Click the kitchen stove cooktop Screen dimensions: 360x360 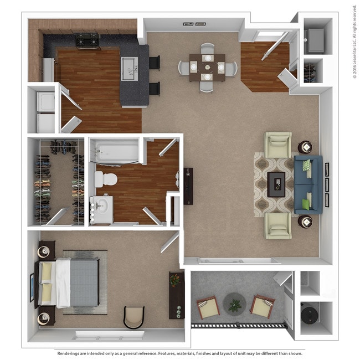[88, 39]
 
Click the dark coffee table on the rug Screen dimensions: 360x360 [276, 184]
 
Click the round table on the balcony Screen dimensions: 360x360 [234, 303]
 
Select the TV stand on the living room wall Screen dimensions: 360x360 [189, 184]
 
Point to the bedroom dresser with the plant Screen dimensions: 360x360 [176, 294]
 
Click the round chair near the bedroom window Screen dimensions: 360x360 [134, 317]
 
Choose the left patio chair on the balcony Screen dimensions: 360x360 [208, 307]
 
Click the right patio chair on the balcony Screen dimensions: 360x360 [263, 306]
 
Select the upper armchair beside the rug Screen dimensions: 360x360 [277, 145]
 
